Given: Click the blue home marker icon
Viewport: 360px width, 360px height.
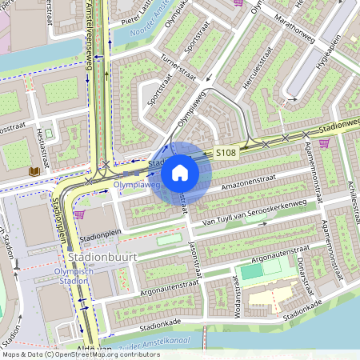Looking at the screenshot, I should (x=180, y=172).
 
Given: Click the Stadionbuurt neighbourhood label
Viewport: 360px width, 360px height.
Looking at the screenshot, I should (x=103, y=258).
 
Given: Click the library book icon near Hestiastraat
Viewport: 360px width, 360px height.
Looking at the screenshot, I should (x=34, y=171).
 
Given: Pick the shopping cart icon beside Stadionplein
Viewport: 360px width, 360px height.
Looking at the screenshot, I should (x=79, y=214).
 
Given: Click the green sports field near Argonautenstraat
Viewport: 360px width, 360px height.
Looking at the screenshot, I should (x=252, y=272).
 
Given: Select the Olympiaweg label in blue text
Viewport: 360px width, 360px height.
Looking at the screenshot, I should (x=137, y=185).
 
